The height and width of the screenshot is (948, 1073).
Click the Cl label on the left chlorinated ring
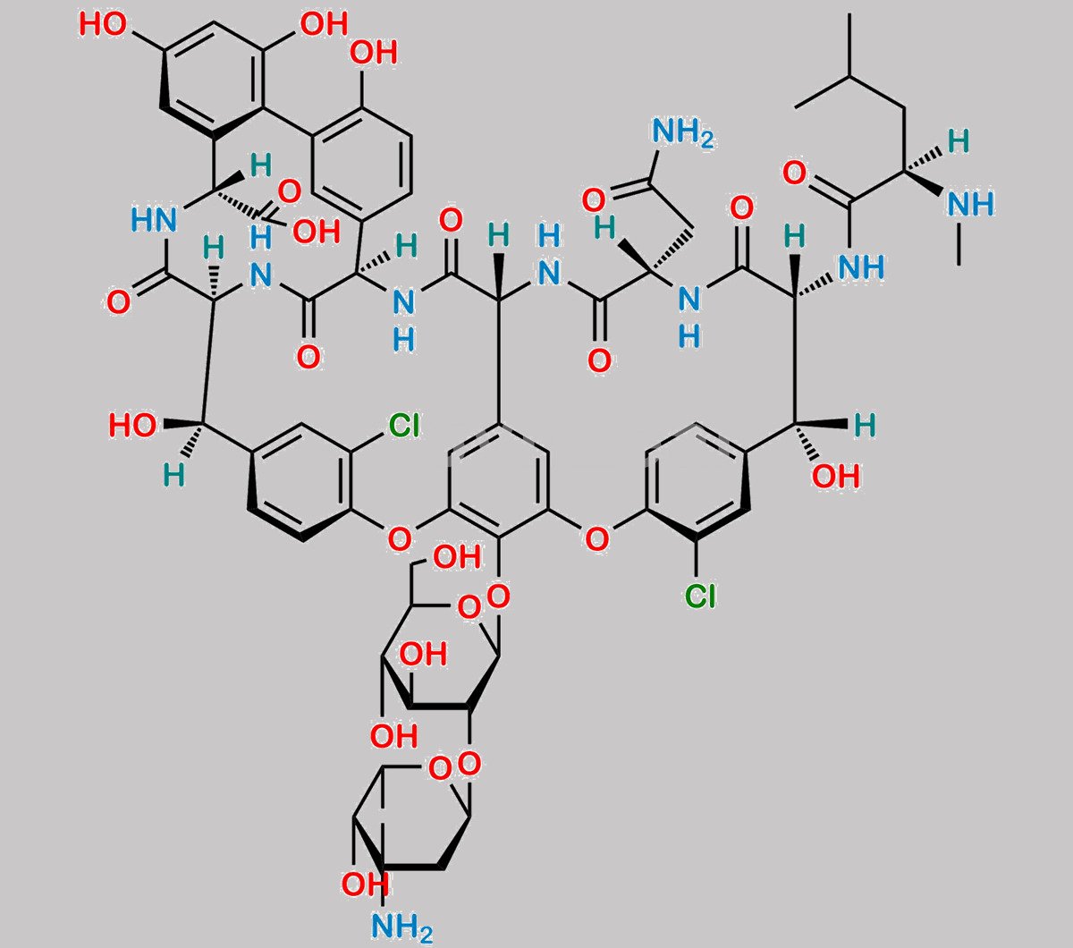[x=404, y=426]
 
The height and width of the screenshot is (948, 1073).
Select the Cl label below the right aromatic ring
[x=700, y=595]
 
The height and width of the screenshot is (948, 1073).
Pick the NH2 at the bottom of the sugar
[x=402, y=927]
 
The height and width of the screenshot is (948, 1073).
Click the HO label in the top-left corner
[x=103, y=24]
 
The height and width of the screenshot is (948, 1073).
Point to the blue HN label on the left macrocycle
[x=154, y=219]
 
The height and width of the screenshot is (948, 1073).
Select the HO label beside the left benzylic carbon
[x=133, y=426]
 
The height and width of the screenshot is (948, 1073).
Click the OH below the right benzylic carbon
[x=836, y=476]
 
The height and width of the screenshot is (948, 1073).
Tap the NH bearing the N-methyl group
[x=970, y=204]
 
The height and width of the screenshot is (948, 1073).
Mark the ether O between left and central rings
[x=400, y=539]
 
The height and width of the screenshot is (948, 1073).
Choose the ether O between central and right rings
[x=597, y=539]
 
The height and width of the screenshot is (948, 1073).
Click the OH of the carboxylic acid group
[x=317, y=232]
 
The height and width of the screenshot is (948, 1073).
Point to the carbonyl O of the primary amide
[x=594, y=199]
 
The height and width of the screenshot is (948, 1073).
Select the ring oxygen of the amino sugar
[x=440, y=768]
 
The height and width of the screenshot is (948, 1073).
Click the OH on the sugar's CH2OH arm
[x=457, y=557]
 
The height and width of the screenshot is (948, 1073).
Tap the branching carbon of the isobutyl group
[x=850, y=78]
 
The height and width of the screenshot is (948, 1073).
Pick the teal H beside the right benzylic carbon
[x=865, y=426]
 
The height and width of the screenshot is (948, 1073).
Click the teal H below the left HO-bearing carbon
[x=173, y=475]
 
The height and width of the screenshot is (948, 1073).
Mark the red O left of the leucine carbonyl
[x=794, y=173]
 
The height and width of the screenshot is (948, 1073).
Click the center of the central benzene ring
[x=498, y=481]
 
